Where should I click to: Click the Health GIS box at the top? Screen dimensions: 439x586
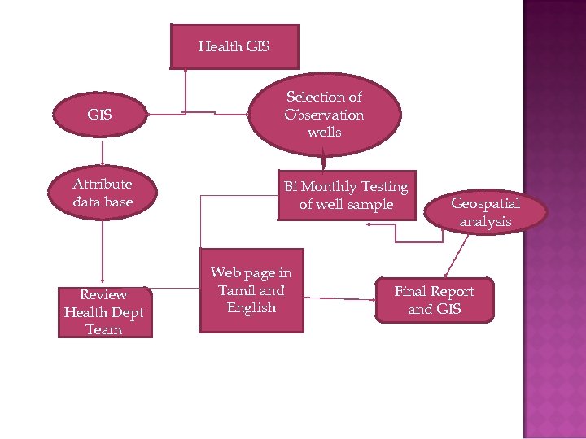[x=234, y=46]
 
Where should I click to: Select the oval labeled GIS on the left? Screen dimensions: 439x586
[x=100, y=115]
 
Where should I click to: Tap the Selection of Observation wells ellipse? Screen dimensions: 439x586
[x=324, y=114]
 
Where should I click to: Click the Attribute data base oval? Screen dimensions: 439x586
[x=103, y=193]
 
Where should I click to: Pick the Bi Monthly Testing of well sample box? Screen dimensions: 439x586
[x=345, y=196]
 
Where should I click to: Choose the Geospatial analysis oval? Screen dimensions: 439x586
[x=486, y=212]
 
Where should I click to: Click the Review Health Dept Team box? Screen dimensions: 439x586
[x=104, y=311]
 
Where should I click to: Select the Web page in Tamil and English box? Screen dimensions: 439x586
[x=251, y=290]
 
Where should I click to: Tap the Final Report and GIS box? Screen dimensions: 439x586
[x=434, y=300]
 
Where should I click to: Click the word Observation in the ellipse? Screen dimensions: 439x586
[x=324, y=115]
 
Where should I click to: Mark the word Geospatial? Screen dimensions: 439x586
[x=485, y=203]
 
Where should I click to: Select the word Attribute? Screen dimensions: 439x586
[x=103, y=184]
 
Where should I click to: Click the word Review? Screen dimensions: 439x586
[x=103, y=294]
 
